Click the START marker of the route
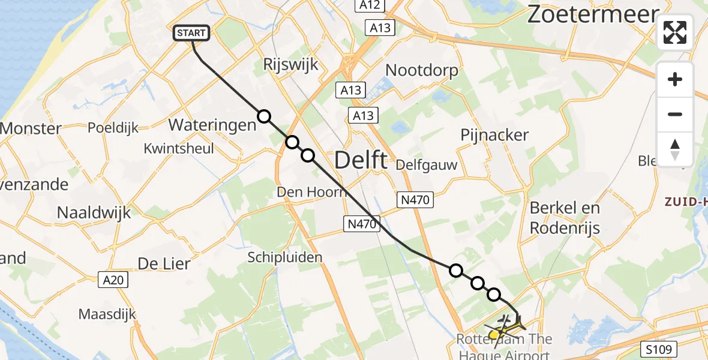[191, 34]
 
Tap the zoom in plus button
[675, 80]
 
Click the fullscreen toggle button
[675, 32]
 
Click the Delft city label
[361, 160]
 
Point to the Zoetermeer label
[593, 14]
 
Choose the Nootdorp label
[421, 70]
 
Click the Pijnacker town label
[494, 135]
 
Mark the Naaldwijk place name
[94, 212]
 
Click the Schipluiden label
[285, 257]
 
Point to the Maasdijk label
[107, 314]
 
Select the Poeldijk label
[113, 128]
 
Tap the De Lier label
[164, 263]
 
